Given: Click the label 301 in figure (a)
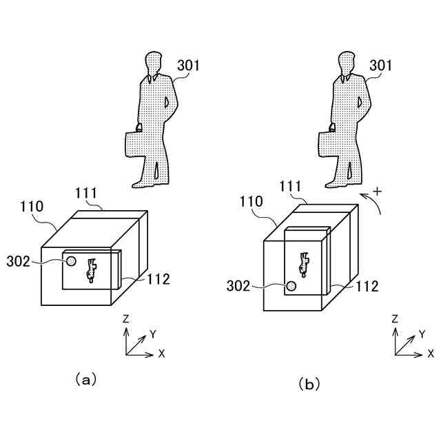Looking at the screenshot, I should tap(188, 66).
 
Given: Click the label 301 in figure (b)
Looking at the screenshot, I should tap(380, 66).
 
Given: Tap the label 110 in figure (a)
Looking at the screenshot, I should tap(32, 206).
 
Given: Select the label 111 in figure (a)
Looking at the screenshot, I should tap(86, 193).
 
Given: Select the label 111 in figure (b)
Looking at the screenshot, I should tap(290, 187).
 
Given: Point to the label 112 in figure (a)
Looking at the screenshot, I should tap(158, 279).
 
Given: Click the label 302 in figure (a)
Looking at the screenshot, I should tap(19, 261).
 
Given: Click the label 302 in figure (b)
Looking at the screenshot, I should tap(239, 286).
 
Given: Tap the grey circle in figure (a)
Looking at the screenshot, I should tap(71, 261).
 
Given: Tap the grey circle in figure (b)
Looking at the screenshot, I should tap(291, 286).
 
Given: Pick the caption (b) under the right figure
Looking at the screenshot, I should tap(308, 384).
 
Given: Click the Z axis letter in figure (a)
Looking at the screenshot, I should tap(125, 319).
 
